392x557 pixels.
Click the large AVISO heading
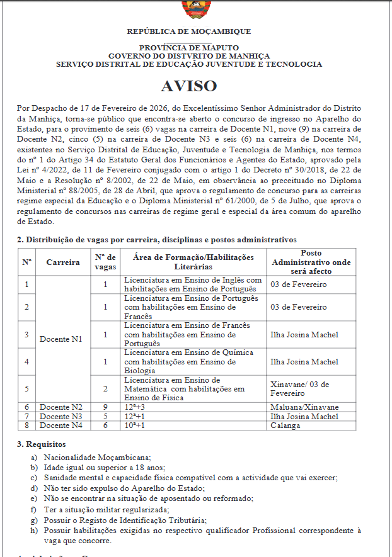(x=188, y=86)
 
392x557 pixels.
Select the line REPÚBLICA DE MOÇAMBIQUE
(x=189, y=31)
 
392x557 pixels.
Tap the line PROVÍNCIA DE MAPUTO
(x=189, y=48)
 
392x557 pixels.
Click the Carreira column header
(x=63, y=262)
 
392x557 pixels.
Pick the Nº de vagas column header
(x=105, y=262)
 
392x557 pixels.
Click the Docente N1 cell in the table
(x=61, y=339)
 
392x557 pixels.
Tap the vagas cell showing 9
(x=105, y=407)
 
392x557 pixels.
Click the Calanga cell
(x=283, y=425)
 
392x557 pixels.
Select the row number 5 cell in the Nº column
(x=27, y=388)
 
